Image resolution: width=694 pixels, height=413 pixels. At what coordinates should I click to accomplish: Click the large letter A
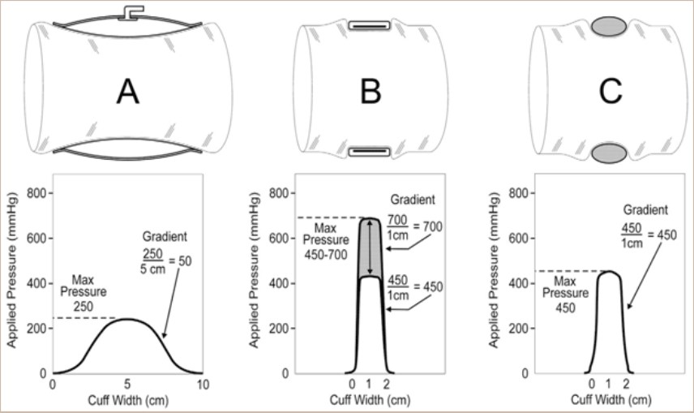click(x=127, y=92)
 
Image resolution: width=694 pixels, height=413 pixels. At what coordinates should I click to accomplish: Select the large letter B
click(x=371, y=92)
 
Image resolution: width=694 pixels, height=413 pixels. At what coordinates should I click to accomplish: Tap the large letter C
click(x=610, y=92)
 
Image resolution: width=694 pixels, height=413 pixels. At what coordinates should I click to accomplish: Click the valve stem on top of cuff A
click(x=131, y=12)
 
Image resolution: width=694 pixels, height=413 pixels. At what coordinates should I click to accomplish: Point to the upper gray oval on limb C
click(x=609, y=26)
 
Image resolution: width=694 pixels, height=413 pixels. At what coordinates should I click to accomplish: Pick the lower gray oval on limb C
click(x=609, y=153)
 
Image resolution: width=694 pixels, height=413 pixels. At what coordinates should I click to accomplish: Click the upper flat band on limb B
click(x=369, y=25)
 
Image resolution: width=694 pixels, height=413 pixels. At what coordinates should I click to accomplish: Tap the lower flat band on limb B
click(x=369, y=152)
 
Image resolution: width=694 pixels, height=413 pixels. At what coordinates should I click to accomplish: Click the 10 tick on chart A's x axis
click(x=203, y=385)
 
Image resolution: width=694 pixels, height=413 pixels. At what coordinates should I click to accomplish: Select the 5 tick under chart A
click(x=127, y=385)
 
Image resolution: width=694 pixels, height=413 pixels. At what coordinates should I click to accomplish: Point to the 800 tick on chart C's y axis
click(x=519, y=193)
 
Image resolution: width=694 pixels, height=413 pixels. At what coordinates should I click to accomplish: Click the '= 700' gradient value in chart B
click(x=427, y=226)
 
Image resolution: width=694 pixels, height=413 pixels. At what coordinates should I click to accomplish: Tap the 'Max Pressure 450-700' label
click(x=326, y=242)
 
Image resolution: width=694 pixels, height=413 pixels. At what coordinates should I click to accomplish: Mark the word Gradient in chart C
click(x=645, y=209)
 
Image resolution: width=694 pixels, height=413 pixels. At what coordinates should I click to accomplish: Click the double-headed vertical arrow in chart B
click(x=370, y=247)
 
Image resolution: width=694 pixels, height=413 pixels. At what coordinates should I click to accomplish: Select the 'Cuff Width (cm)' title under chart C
click(x=611, y=400)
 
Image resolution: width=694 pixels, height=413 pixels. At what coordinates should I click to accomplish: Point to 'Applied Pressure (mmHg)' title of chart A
click(x=12, y=270)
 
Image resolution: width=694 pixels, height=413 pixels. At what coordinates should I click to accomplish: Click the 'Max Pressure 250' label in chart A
click(x=84, y=293)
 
